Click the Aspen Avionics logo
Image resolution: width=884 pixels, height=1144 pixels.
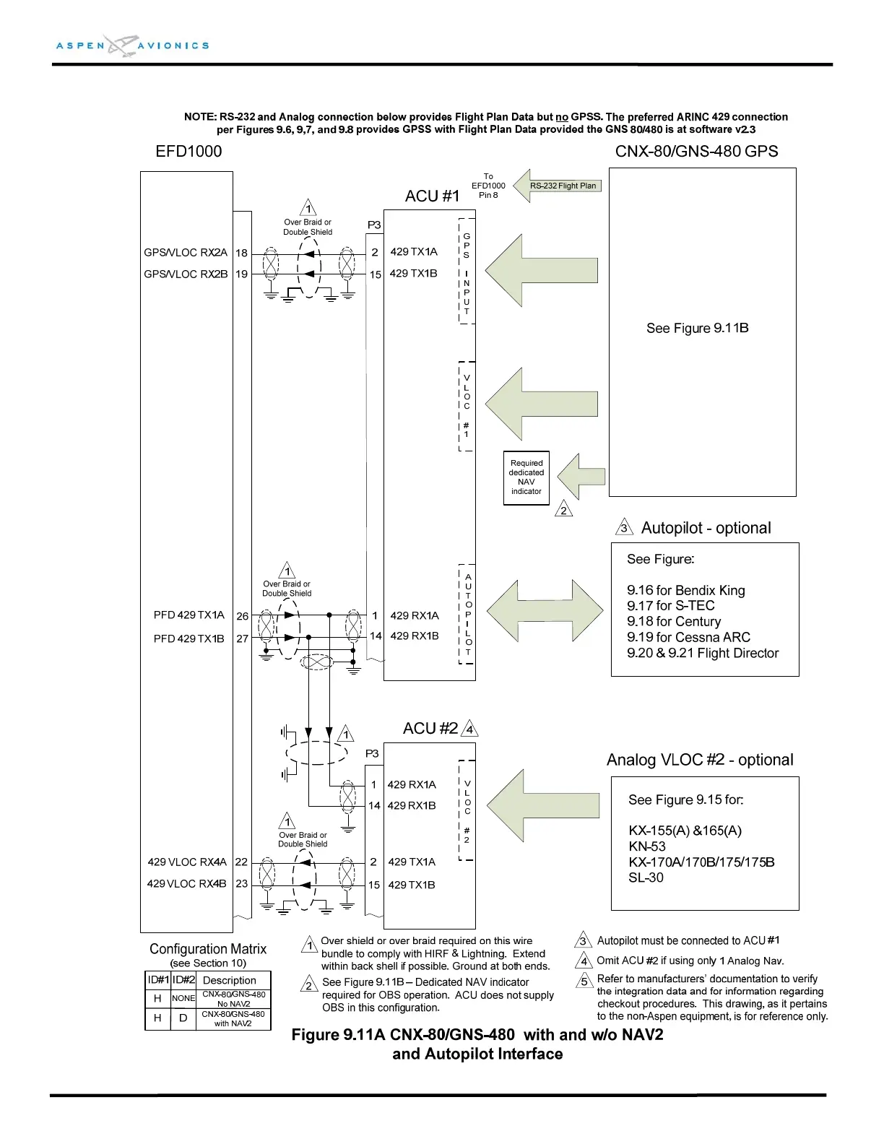[132, 45]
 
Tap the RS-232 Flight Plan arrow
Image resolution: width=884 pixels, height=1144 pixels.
[557, 186]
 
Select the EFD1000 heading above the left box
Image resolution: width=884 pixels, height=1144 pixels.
[188, 152]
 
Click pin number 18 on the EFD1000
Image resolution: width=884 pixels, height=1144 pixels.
[241, 253]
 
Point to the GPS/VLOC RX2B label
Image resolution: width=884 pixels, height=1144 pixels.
[186, 274]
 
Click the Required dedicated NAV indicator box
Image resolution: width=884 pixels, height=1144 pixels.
[526, 477]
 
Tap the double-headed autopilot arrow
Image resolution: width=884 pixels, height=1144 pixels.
[545, 611]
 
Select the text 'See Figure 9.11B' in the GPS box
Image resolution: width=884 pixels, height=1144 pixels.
[697, 328]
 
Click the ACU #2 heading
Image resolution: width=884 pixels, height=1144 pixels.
[430, 728]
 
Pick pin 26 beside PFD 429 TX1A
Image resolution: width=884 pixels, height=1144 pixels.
[242, 616]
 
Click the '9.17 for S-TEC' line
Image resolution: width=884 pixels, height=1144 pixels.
[670, 605]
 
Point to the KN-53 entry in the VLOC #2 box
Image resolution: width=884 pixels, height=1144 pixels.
[647, 846]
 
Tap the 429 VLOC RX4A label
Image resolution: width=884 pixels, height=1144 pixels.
[187, 862]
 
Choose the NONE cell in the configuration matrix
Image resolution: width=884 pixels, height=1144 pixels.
[183, 998]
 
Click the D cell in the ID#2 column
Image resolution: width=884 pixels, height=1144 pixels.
[183, 1018]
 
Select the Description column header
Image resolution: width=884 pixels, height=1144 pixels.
[230, 980]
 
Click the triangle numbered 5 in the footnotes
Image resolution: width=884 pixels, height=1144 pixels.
[584, 981]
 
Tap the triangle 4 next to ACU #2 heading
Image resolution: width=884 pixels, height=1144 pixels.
[469, 729]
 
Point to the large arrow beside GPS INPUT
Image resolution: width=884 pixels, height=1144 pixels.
[541, 271]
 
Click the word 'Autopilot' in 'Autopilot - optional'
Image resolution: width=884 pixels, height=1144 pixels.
[672, 528]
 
